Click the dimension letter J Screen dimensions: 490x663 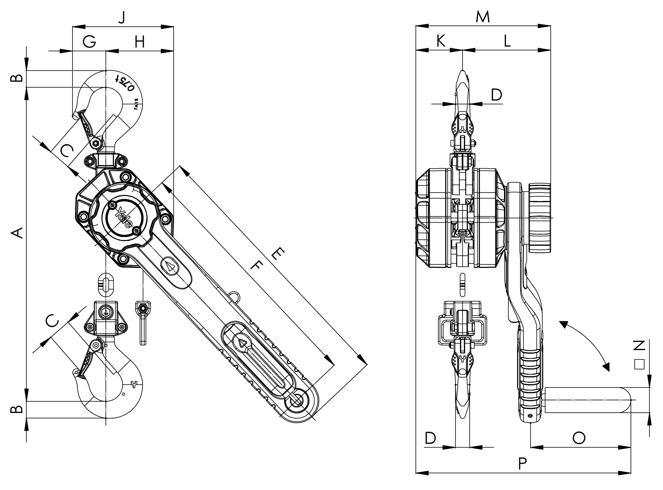coord(122,18)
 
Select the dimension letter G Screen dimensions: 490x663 coord(89,41)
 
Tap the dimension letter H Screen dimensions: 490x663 coord(139,42)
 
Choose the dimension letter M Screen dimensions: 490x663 coord(482,17)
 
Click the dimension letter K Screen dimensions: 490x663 coord(441,41)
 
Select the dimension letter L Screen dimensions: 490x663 coord(507,41)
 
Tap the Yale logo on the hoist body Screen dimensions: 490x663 coord(124,217)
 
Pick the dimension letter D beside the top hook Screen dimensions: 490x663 coord(496,95)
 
